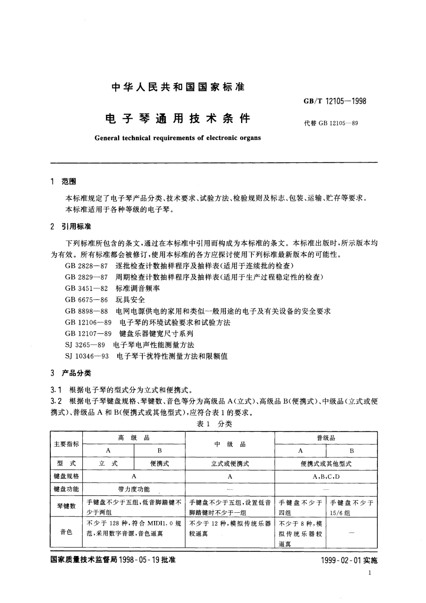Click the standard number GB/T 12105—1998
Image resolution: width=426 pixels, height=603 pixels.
click(335, 101)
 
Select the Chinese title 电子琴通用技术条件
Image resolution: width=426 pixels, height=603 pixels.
click(177, 118)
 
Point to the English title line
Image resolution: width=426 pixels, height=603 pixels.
click(178, 138)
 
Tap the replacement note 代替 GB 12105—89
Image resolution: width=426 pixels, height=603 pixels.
click(330, 123)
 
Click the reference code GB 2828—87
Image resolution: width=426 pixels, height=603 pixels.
click(86, 266)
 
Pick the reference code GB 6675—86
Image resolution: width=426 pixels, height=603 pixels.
click(86, 300)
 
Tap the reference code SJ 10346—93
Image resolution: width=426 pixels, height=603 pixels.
click(87, 356)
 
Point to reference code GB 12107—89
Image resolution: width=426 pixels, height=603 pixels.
click(88, 334)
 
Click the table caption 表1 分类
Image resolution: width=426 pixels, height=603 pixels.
click(214, 424)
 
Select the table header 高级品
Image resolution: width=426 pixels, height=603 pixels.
click(134, 438)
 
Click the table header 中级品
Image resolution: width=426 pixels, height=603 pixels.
click(230, 444)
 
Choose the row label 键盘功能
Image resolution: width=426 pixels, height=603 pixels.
click(66, 489)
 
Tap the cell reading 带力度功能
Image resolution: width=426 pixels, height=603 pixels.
click(134, 489)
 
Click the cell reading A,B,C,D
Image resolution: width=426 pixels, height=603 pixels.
click(326, 477)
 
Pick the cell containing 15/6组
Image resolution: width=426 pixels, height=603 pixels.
click(351, 508)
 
